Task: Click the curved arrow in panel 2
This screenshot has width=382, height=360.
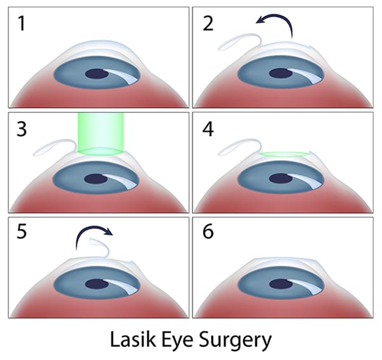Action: tap(275, 25)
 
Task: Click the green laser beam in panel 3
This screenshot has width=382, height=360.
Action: tap(99, 133)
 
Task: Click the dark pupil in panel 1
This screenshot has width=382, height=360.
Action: tap(97, 73)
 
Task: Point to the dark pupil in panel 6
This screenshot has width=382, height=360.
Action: tap(283, 283)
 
